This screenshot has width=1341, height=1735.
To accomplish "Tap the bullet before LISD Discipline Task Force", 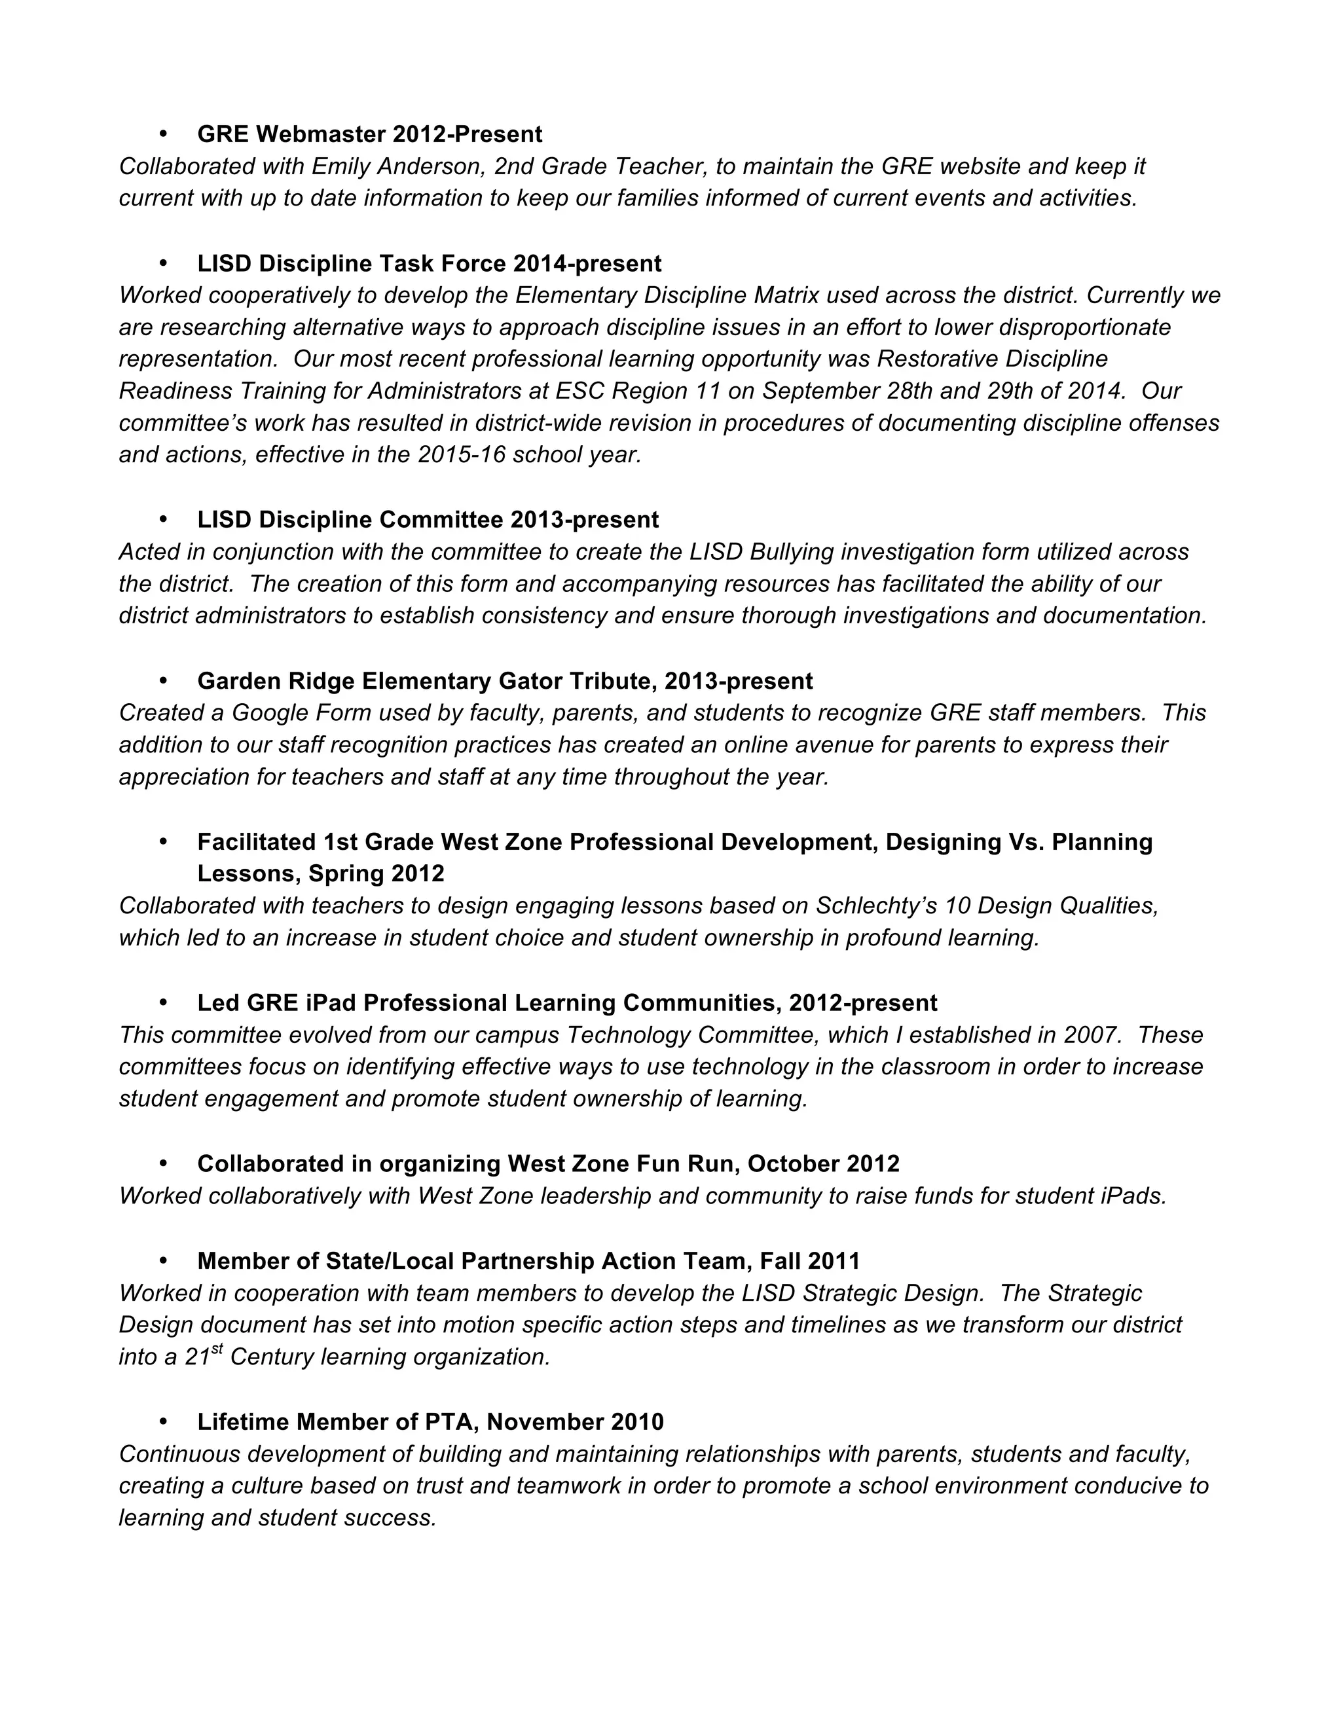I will tap(164, 263).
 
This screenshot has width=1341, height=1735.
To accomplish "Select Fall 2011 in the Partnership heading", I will tap(809, 1261).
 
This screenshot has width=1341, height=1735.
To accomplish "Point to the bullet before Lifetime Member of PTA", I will tap(164, 1421).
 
